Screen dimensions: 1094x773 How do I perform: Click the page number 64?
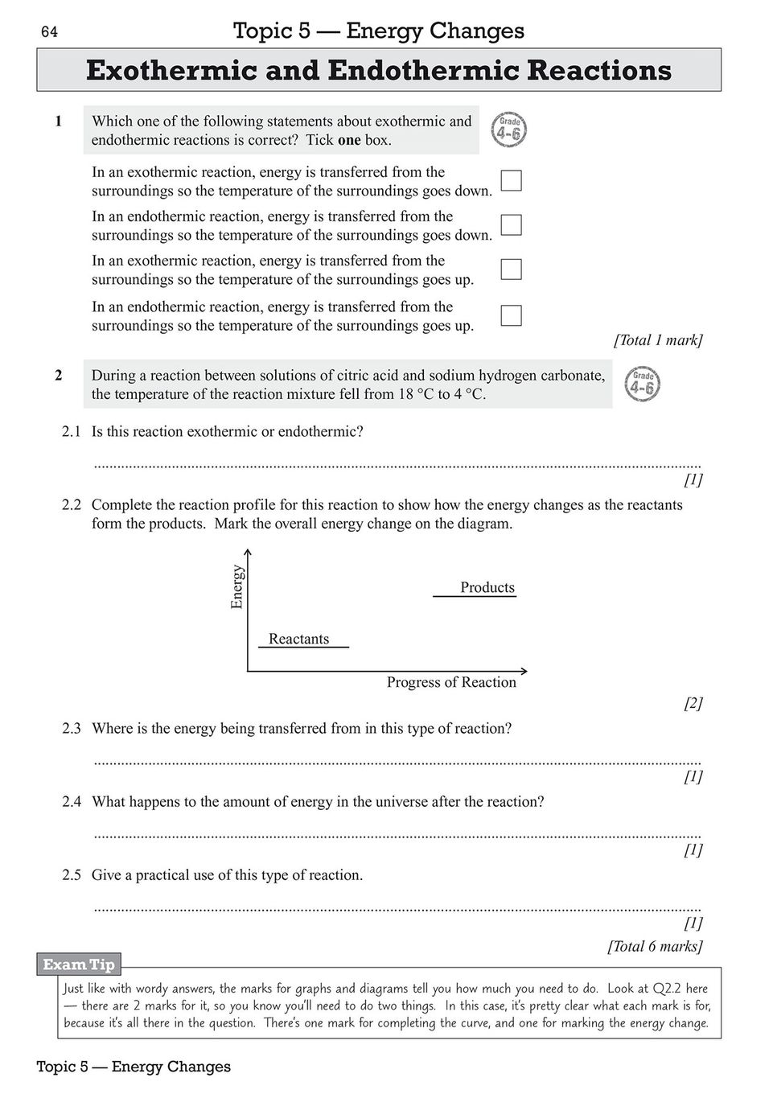coord(49,32)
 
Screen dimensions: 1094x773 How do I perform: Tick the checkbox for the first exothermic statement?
coord(512,180)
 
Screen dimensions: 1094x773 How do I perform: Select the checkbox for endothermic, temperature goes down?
coord(512,224)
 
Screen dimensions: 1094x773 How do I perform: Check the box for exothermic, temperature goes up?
coord(512,269)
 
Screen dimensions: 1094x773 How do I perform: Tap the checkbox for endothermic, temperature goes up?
coord(512,315)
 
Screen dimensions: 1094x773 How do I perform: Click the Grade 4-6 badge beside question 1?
coord(508,130)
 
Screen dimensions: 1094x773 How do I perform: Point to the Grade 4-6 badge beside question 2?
coord(642,385)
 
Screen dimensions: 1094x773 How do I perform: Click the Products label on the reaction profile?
coord(487,588)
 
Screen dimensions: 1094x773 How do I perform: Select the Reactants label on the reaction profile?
coord(298,640)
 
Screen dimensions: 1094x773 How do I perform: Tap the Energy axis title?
coord(236,586)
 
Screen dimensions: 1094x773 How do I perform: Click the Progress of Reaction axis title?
coord(451,683)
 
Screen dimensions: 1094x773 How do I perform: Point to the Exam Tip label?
coord(79,964)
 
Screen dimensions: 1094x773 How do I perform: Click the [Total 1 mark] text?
coord(658,340)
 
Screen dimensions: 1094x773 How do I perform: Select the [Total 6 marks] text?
coord(655,947)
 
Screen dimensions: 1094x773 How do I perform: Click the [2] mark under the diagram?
coord(693,704)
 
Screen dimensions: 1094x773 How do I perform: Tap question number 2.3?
coord(72,729)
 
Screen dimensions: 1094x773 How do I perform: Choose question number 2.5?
coord(72,875)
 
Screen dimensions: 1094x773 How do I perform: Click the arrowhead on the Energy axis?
coord(249,553)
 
